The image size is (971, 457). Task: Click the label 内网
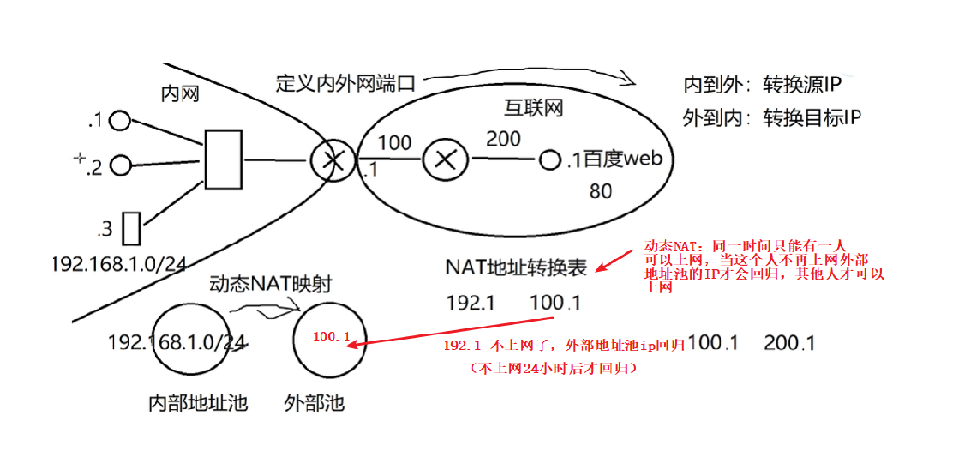(x=180, y=93)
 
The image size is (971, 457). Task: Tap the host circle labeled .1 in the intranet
(x=120, y=121)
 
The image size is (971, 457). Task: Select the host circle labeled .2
(x=120, y=164)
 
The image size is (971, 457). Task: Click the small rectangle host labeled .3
(x=131, y=229)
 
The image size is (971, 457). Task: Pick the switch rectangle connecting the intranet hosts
(x=224, y=159)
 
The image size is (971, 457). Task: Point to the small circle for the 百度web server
(x=549, y=159)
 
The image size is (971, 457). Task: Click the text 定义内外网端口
(x=345, y=83)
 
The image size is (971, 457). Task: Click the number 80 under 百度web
(x=601, y=191)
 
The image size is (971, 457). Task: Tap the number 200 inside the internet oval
(x=503, y=139)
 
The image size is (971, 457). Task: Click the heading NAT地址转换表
(x=516, y=268)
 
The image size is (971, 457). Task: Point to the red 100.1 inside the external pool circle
(x=333, y=338)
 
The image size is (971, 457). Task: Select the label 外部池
(x=314, y=402)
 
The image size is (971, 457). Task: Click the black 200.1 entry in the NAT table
(x=789, y=343)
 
